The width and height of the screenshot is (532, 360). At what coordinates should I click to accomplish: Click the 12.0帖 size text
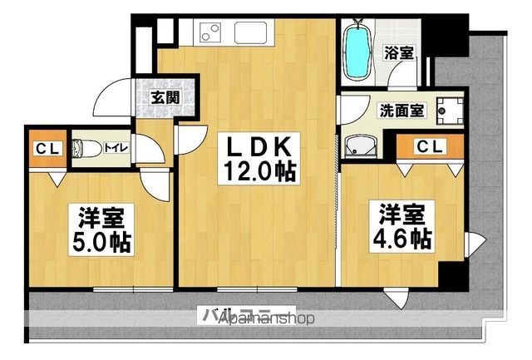point(258,173)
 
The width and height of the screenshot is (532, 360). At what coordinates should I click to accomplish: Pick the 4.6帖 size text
point(402,239)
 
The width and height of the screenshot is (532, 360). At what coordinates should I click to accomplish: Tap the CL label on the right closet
point(430,147)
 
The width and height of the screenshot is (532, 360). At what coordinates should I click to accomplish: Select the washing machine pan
point(452,108)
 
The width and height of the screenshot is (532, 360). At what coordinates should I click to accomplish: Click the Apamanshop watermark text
point(266,318)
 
